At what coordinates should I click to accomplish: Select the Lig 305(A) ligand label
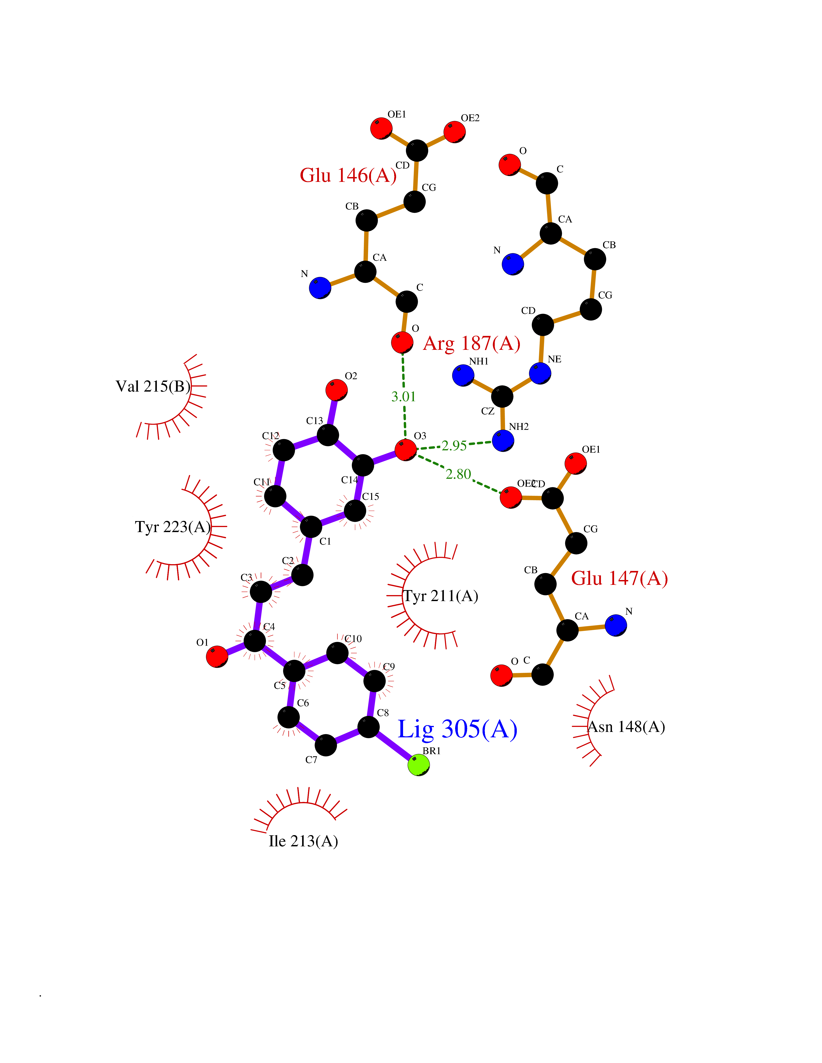457,729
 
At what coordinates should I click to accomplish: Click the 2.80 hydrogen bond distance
458,474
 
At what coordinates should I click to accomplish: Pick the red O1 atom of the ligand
217,657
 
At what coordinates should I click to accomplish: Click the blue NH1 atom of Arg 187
463,375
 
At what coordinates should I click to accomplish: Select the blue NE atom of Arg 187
540,373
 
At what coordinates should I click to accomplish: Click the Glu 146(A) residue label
348,175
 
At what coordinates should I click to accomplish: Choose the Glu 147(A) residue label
619,578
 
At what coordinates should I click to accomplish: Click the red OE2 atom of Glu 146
454,132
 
